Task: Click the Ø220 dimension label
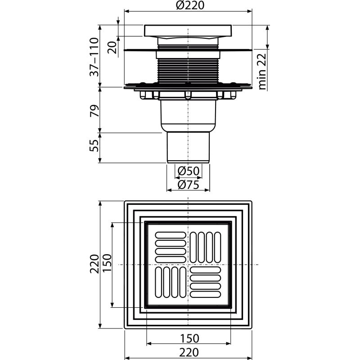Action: (188, 6)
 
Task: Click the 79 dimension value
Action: (94, 109)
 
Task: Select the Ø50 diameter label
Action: (188, 171)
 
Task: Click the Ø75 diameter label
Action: (188, 184)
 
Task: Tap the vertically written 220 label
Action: (94, 265)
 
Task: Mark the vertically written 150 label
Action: (106, 265)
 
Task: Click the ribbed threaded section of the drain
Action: (188, 70)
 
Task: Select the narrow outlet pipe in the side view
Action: (188, 146)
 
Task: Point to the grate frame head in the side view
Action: (188, 31)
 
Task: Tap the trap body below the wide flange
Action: (188, 115)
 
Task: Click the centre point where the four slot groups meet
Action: (188, 265)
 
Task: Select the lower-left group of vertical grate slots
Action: (171, 282)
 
